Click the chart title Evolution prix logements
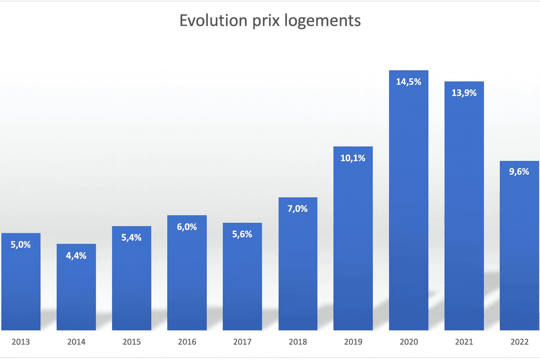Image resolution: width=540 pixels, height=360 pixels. pos(270,20)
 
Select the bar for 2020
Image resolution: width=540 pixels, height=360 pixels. pos(409,211)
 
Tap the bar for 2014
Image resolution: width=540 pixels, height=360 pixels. pos(76,292)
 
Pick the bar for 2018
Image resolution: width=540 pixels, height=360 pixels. pos(298,271)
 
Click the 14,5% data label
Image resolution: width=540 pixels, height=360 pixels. pos(409,82)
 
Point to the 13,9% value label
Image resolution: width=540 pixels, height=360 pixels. pos(464,93)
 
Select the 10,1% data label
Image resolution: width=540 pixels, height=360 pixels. pos(353,158)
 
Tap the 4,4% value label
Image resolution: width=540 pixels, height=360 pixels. pos(76,256)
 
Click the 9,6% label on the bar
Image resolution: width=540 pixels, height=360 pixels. pos(519,172)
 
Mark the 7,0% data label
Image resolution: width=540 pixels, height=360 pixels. pos(298,209)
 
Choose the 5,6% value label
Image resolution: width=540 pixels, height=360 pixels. pos(242,234)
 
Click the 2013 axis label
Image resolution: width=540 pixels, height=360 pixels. pos(21,342)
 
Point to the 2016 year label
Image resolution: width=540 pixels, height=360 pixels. pos(187,342)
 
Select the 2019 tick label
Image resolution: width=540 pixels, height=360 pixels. pos(353,342)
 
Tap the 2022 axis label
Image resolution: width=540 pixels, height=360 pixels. pos(519,342)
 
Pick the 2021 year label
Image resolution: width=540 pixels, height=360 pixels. pos(464,342)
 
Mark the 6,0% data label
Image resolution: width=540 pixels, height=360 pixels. pos(187,227)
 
